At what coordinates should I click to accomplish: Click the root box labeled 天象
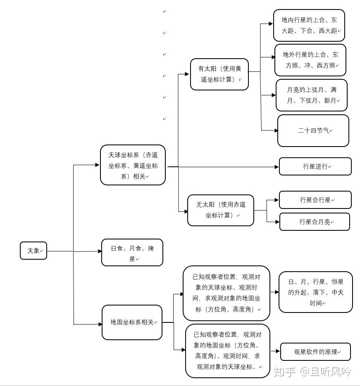pyautogui.click(x=33, y=251)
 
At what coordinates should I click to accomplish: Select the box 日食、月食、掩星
pyautogui.click(x=132, y=253)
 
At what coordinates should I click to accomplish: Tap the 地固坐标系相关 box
pyautogui.click(x=132, y=322)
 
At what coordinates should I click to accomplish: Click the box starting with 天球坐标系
pyautogui.click(x=133, y=165)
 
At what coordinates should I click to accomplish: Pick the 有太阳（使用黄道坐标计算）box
pyautogui.click(x=219, y=74)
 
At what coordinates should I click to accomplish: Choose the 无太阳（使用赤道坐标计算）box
pyautogui.click(x=220, y=210)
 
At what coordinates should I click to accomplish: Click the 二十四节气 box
pyautogui.click(x=313, y=130)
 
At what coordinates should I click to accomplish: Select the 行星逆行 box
pyautogui.click(x=315, y=166)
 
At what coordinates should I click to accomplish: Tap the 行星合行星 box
pyautogui.click(x=315, y=200)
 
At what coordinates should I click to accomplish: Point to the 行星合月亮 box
pyautogui.click(x=315, y=222)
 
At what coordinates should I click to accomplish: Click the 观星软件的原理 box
pyautogui.click(x=315, y=352)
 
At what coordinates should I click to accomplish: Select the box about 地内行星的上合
pyautogui.click(x=309, y=25)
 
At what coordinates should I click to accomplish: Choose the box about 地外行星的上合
pyautogui.click(x=310, y=60)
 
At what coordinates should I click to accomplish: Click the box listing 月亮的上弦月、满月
pyautogui.click(x=311, y=95)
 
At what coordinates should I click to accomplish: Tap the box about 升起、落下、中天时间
pyautogui.click(x=315, y=292)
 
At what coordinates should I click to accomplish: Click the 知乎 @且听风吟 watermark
pyautogui.click(x=312, y=372)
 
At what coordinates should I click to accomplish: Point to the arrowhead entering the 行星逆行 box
pyautogui.click(x=277, y=167)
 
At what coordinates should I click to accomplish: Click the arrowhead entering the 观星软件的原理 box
pyautogui.click(x=278, y=351)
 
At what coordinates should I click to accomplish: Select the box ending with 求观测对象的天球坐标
pyautogui.click(x=227, y=351)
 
